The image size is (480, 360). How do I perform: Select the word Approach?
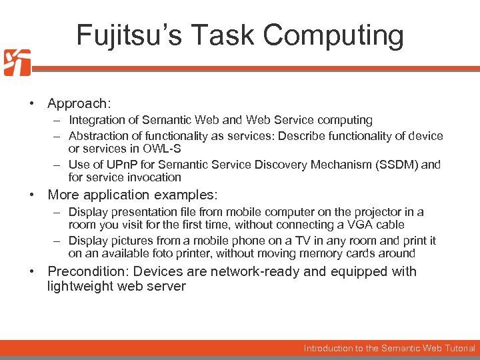point(79,103)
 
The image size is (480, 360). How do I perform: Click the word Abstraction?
point(98,136)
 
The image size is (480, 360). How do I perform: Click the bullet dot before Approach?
point(31,104)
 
